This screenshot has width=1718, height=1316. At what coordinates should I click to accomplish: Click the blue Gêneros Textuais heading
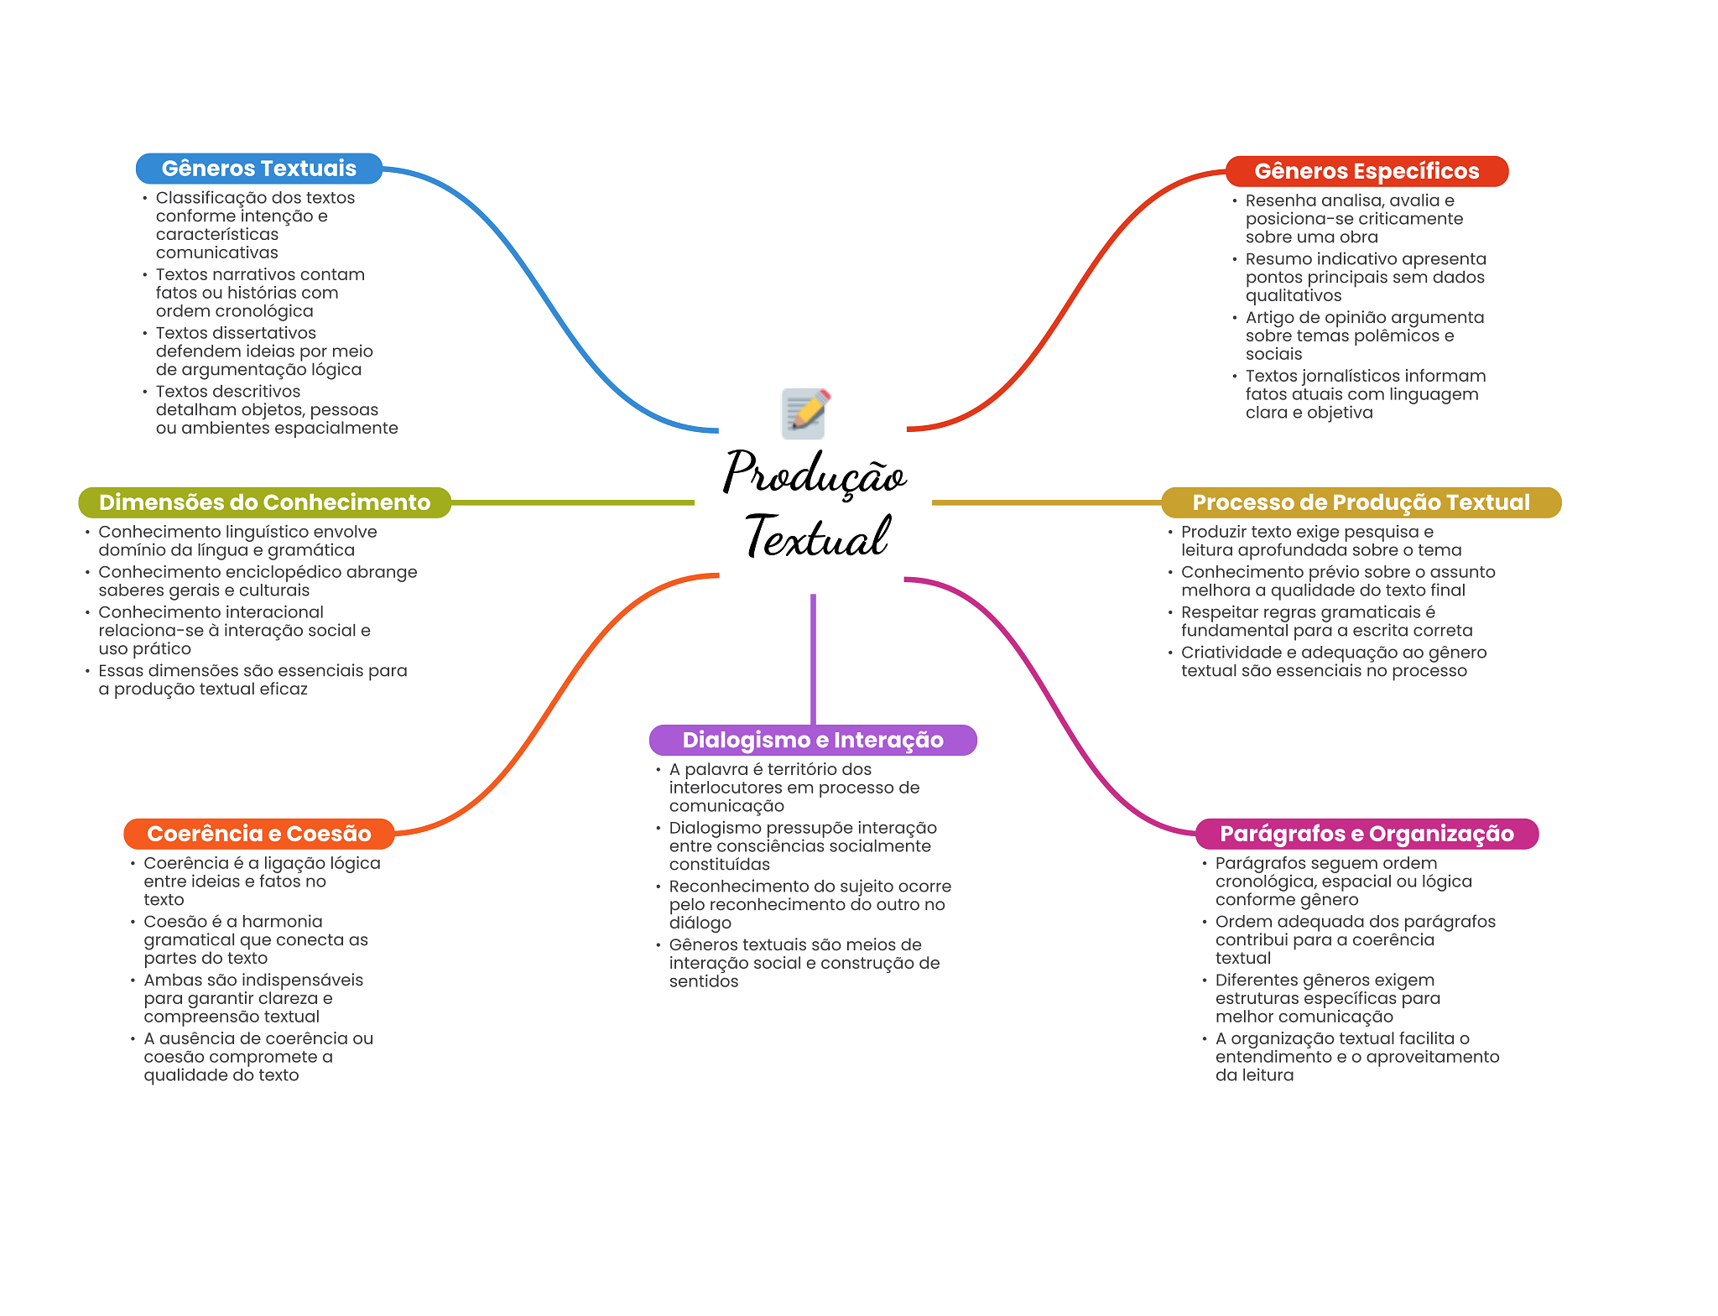point(258,169)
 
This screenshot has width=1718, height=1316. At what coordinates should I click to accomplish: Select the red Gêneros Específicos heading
point(1366,171)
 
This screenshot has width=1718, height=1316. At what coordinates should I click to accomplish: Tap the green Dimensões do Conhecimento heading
point(264,502)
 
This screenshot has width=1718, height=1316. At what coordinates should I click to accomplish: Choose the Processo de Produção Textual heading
point(1361,502)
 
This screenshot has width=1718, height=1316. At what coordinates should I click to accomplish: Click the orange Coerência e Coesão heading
point(258,834)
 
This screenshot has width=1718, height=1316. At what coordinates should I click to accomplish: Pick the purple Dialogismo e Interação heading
point(812,740)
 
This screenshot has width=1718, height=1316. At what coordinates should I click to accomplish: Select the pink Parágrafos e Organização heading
point(1366,834)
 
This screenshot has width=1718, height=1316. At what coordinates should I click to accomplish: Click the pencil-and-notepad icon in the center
point(805,413)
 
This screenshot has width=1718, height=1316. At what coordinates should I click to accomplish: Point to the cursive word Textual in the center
point(816,537)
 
